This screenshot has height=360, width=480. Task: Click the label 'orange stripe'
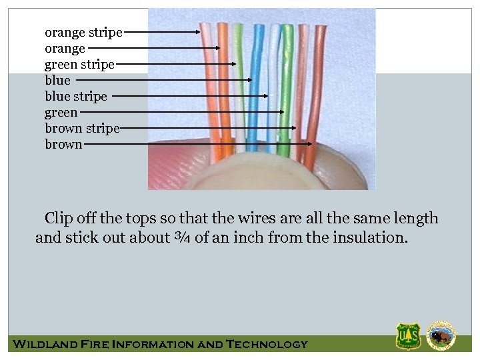83,32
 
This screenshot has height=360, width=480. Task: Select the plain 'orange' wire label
65,48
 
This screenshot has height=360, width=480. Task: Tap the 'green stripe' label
79,64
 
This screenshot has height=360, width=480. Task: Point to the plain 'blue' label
57,80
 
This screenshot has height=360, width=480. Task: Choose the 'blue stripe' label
75,96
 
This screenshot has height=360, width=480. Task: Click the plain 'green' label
61,112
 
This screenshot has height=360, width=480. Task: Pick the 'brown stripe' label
82,128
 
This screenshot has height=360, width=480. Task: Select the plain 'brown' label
63,144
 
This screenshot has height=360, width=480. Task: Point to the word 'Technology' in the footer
267,344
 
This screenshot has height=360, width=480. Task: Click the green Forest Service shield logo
408,336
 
